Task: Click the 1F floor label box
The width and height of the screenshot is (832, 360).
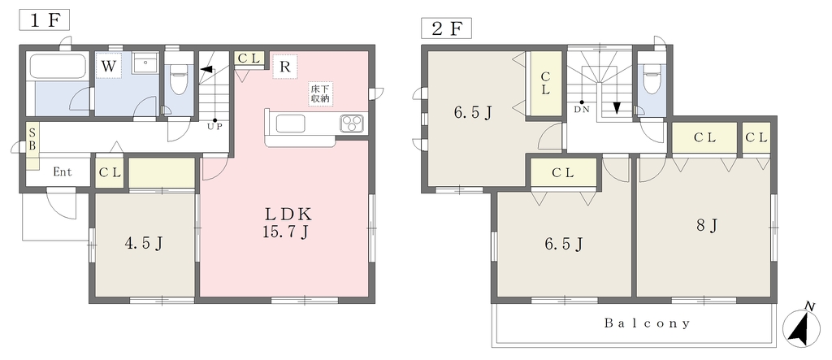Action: [x=45, y=20]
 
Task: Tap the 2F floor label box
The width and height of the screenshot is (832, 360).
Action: [x=446, y=28]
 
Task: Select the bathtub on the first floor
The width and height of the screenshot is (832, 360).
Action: [x=58, y=67]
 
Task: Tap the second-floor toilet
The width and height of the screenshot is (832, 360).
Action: [x=651, y=79]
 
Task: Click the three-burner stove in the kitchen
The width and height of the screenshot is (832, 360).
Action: [x=351, y=124]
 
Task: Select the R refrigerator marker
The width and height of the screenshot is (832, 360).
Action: [x=285, y=67]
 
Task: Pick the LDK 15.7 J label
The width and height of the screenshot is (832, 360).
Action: [x=287, y=223]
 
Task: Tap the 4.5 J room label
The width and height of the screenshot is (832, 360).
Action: [x=143, y=243]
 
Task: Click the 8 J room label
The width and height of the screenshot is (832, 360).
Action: [x=708, y=226]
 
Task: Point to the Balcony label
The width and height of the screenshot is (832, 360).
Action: [x=648, y=323]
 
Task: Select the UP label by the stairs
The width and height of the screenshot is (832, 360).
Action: [x=214, y=128]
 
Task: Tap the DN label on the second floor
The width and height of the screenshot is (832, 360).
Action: [x=582, y=110]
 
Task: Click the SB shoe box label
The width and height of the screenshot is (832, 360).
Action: [x=32, y=139]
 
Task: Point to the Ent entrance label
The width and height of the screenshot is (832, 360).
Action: [x=63, y=172]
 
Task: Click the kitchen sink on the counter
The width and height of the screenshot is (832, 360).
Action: [x=290, y=124]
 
